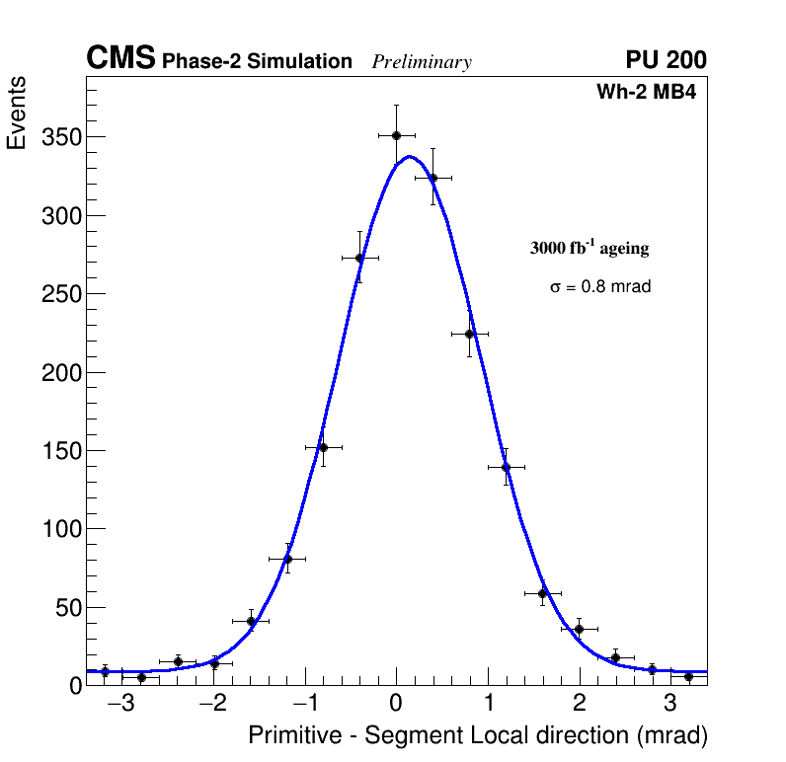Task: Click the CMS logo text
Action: (120, 59)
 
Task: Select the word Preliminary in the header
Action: (422, 62)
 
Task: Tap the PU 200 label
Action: (666, 60)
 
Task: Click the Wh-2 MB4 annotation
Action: (647, 93)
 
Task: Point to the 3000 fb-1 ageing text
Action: (589, 248)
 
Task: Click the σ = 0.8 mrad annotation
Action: (600, 287)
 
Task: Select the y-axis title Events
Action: (17, 114)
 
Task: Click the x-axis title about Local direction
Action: (478, 735)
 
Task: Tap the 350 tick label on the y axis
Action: (60, 137)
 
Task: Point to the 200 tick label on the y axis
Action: (60, 373)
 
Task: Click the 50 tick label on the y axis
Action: (65, 608)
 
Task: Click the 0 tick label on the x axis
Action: (396, 704)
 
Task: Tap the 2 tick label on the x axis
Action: (579, 704)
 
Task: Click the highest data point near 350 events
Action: (396, 135)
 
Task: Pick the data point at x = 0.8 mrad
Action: (469, 334)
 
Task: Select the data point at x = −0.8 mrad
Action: (323, 447)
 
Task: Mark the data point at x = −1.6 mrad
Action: (251, 621)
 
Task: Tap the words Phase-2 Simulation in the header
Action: (257, 62)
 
